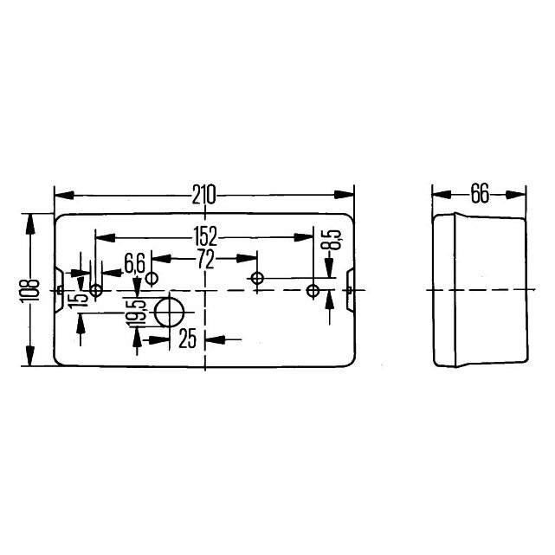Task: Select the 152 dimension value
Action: pos(204,235)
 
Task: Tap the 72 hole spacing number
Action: pos(204,258)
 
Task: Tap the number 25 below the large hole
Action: pos(188,338)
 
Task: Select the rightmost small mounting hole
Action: pos(314,290)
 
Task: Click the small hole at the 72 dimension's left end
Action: pos(152,279)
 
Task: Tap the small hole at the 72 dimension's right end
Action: pos(256,279)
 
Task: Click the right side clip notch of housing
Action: pos(352,290)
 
